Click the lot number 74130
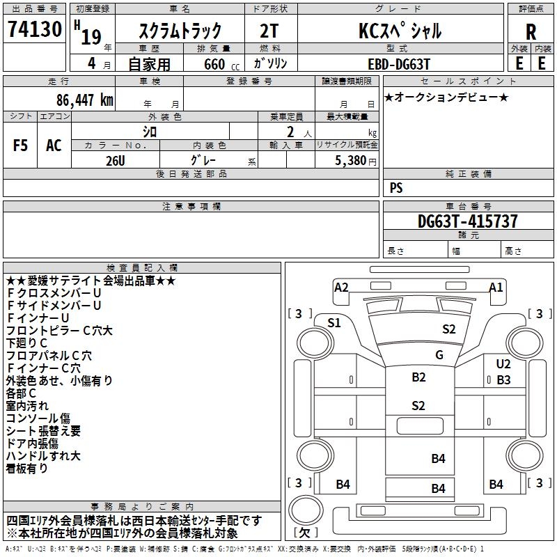(34, 29)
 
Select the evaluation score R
(531, 31)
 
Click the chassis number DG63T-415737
(467, 221)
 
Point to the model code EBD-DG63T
(395, 63)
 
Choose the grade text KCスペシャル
(400, 31)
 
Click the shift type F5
(21, 145)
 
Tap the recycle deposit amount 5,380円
(355, 160)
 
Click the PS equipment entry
(396, 187)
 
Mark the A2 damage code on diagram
(341, 287)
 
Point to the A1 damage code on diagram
(496, 287)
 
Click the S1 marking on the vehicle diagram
(334, 322)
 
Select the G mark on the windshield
(439, 355)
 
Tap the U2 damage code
(503, 364)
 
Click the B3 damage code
(503, 380)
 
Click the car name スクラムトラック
(180, 31)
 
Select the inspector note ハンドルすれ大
(43, 456)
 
